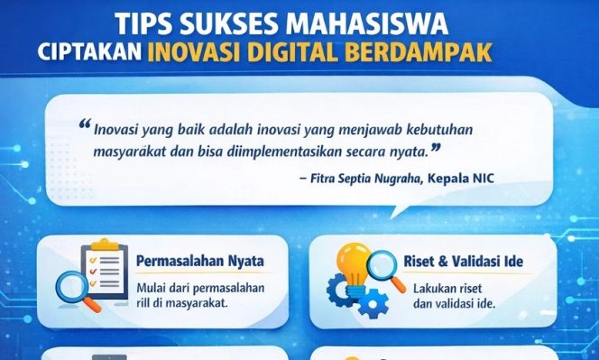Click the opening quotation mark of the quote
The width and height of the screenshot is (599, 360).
click(85, 125)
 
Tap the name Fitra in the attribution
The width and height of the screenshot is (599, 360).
click(325, 178)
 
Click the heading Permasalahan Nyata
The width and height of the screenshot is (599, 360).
click(199, 262)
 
